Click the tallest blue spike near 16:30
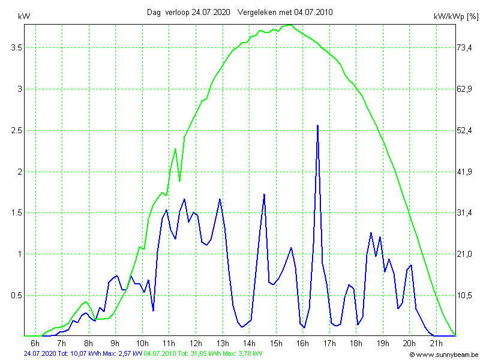tap(317, 125)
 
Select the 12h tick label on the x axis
tap(196, 343)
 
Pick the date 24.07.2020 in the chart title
tap(212, 12)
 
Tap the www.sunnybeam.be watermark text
tap(447, 354)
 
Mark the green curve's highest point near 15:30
tap(289, 25)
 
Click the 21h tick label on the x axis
tap(436, 343)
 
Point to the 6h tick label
tap(35, 343)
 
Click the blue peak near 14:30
tap(264, 194)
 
